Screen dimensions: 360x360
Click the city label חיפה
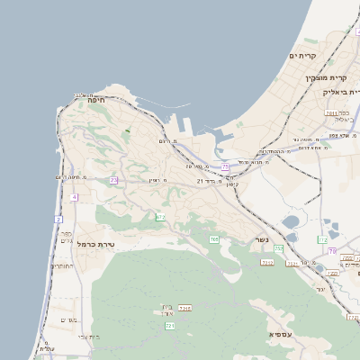coord(96,101)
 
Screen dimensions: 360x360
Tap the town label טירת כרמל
coord(96,244)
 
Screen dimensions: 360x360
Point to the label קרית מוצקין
coord(326,78)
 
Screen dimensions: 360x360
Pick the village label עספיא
coord(280,334)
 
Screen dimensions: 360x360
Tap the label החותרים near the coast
coord(62,266)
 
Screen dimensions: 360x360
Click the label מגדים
coord(68,320)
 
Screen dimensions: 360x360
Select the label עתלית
coord(48,348)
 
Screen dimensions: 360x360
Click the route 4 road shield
coord(74,197)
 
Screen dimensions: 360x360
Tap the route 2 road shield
coord(58,220)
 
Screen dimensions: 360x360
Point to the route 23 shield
coord(114,180)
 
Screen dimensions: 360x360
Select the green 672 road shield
coord(160,217)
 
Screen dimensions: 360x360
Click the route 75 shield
coord(225,167)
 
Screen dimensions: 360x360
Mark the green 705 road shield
coord(214,238)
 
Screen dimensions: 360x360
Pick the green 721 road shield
coord(170,325)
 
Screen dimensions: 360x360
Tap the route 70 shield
coord(332,251)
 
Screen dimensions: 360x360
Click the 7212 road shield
coord(267,262)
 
